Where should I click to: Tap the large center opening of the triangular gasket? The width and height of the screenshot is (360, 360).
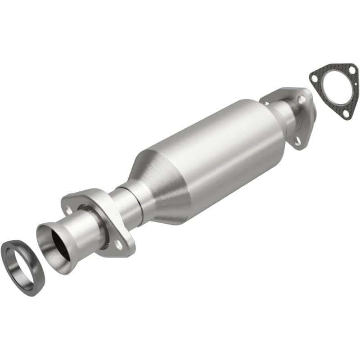(x=333, y=93)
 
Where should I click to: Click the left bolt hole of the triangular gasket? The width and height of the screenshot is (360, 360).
(x=315, y=77)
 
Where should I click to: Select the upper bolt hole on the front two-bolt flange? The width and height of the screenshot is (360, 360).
(x=69, y=209)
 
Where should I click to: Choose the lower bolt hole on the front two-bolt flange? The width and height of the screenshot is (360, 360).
(x=118, y=243)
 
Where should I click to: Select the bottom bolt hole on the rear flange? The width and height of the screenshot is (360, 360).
(x=297, y=142)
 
